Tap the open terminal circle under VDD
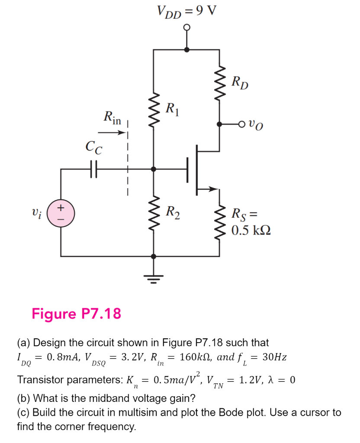click(x=186, y=27)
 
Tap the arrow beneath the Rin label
click(x=115, y=133)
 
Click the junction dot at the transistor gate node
click(x=154, y=168)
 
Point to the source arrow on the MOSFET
click(x=211, y=189)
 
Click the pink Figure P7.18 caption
click(x=76, y=313)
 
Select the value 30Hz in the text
click(x=275, y=357)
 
